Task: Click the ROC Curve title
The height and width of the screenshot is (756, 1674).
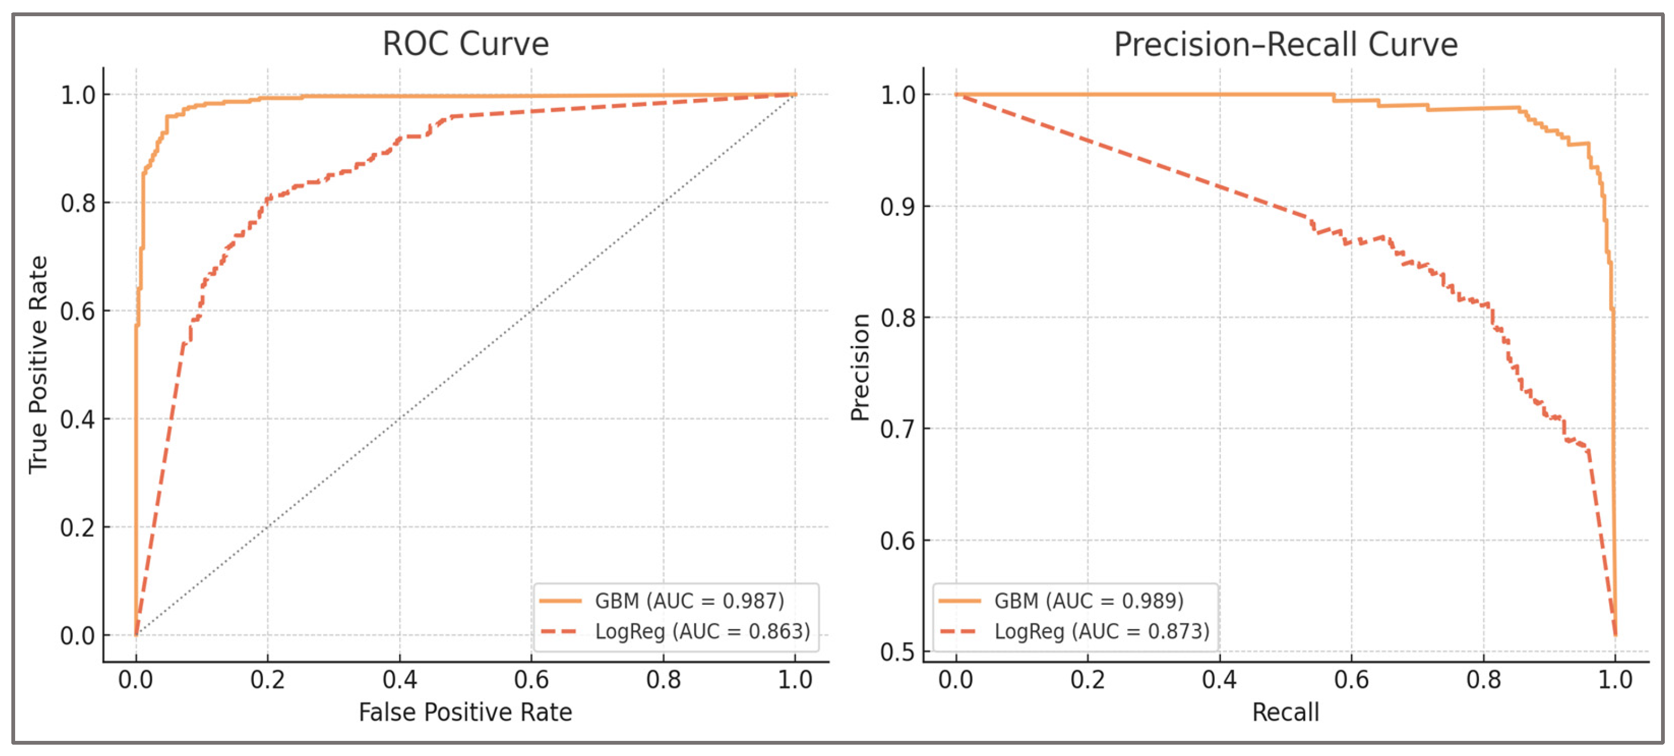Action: [x=465, y=44]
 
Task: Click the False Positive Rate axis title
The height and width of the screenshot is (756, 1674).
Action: [x=465, y=712]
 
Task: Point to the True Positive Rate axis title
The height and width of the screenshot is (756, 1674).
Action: [x=38, y=364]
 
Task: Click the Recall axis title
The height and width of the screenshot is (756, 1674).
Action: [x=1286, y=712]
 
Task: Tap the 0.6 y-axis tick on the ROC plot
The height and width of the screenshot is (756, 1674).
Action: [x=78, y=311]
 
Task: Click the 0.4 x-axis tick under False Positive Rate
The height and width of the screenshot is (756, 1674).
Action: [x=400, y=680]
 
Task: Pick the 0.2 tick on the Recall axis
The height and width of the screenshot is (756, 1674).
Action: [x=1088, y=680]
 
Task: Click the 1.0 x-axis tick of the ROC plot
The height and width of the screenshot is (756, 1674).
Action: [x=795, y=680]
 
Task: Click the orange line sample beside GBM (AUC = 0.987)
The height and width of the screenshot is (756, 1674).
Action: [x=560, y=601]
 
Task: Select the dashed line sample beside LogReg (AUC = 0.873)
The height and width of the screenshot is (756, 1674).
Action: [x=959, y=631]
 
